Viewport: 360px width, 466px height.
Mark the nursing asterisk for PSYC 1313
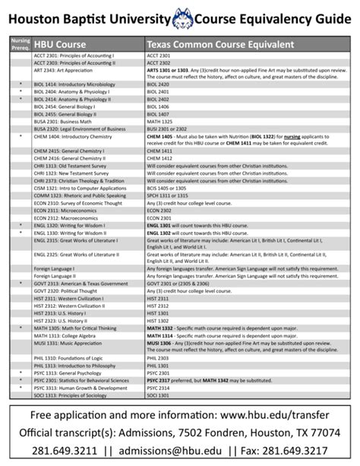pyautogui.click(x=21, y=372)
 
